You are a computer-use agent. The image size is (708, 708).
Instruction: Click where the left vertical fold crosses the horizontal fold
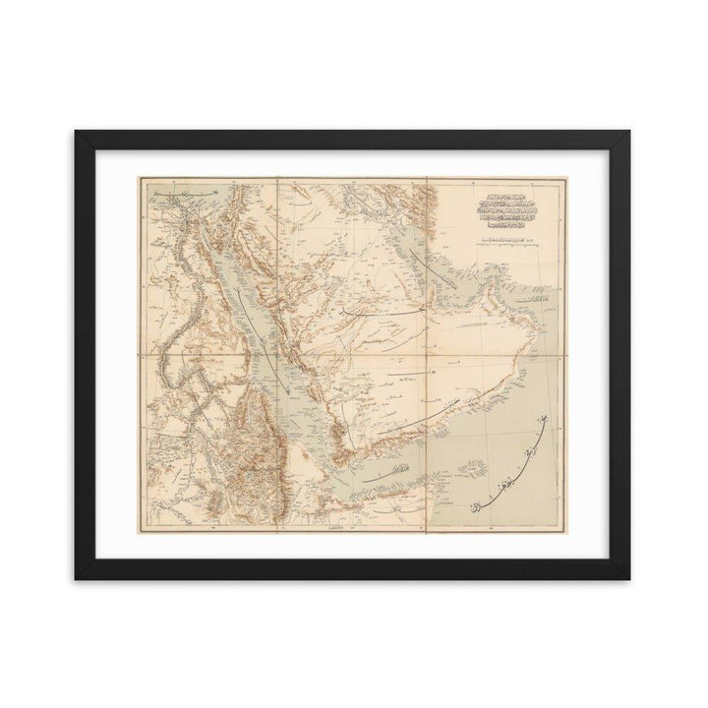[x=277, y=355]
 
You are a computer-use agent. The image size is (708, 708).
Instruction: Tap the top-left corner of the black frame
[x=76, y=130]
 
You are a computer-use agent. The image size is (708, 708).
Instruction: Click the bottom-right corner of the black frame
[x=630, y=578]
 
